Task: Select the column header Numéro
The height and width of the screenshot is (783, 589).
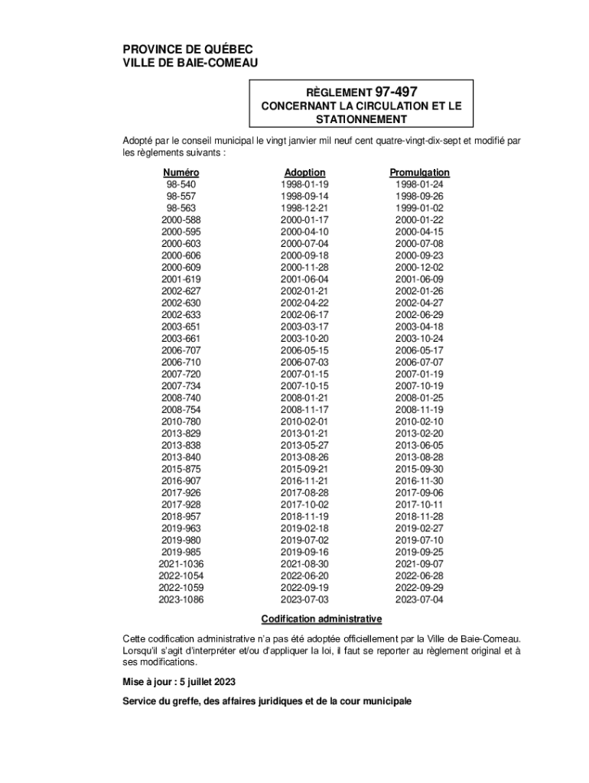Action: click(x=181, y=173)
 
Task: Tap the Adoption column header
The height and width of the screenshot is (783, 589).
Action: click(x=304, y=173)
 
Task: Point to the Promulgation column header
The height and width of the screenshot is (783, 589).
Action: click(x=419, y=173)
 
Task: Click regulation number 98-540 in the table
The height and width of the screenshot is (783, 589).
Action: click(x=181, y=184)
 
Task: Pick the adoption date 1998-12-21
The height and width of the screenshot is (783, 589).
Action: click(x=304, y=208)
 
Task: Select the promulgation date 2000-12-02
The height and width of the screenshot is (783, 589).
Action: click(x=419, y=268)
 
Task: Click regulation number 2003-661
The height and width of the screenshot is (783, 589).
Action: click(x=181, y=339)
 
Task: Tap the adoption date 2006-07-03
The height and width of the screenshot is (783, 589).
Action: click(x=304, y=362)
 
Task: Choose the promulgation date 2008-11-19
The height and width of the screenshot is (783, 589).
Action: click(x=419, y=410)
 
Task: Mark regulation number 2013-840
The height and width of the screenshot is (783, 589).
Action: click(x=181, y=457)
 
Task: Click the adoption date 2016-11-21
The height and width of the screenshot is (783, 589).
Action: click(x=304, y=481)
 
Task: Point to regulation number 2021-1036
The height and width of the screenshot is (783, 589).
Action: click(x=181, y=564)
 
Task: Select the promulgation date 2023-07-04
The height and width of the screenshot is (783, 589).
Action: click(x=419, y=599)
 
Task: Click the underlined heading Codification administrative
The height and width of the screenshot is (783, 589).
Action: click(x=321, y=619)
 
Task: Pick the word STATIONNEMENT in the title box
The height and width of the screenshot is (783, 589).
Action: click(x=362, y=120)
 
